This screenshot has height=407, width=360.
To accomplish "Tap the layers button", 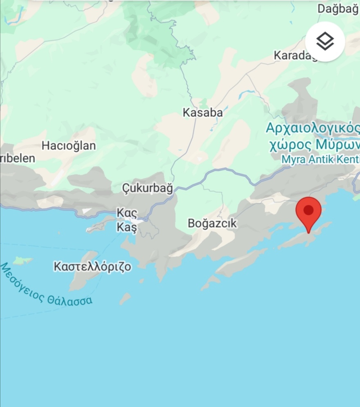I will point(325,41).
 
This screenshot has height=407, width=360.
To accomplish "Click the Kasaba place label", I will point(202,113).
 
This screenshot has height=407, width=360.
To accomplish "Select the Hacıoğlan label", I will point(69,145).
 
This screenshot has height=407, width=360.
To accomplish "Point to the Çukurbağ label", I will point(148,188).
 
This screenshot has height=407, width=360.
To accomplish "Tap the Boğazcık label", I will point(212,223).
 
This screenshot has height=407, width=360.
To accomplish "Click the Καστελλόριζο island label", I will point(92,267).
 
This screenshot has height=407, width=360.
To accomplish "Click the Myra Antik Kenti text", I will point(320,159).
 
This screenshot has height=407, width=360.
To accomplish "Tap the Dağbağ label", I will point(338,8).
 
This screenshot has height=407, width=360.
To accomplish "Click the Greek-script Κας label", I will point(127,213).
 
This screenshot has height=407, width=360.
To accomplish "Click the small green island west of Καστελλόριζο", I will point(22,260).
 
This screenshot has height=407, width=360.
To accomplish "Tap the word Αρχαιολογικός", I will point(313,128).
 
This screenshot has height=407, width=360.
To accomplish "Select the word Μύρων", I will point(337,145).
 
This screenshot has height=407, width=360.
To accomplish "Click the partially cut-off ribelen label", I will point(18,158).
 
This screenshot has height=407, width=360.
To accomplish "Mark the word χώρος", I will point(289,145).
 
